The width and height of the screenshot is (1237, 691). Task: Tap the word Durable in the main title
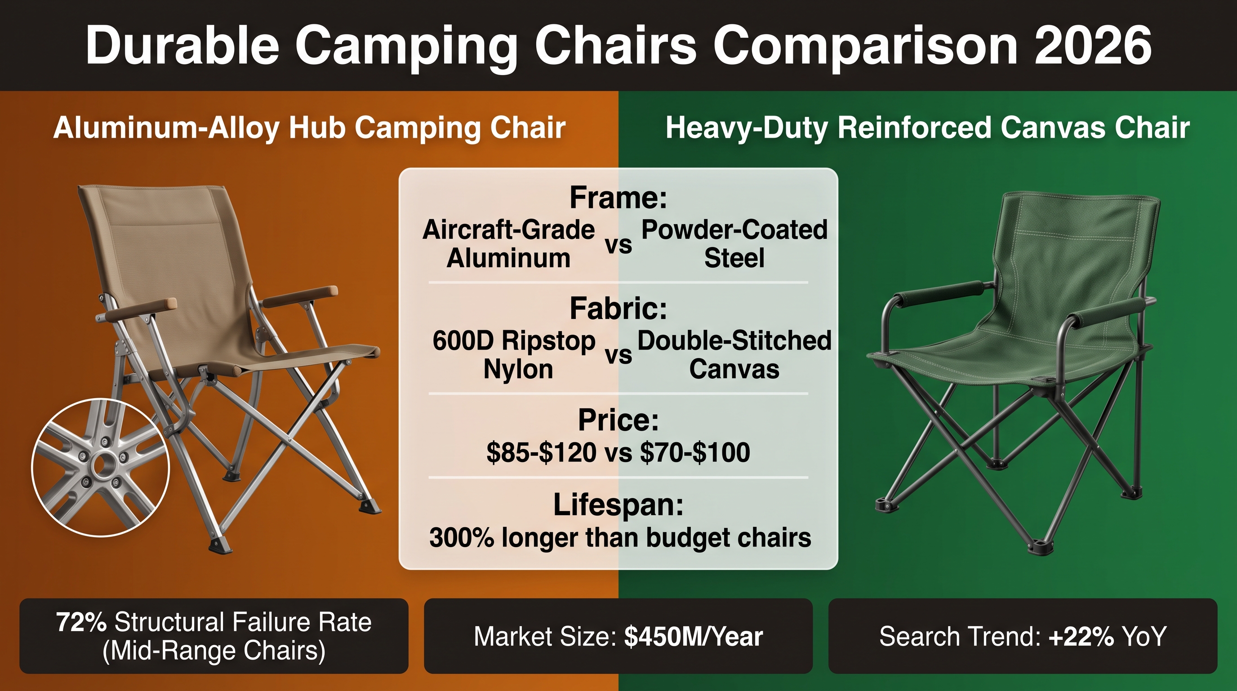pyautogui.click(x=182, y=45)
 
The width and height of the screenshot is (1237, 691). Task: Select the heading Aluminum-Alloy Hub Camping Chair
pyautogui.click(x=309, y=128)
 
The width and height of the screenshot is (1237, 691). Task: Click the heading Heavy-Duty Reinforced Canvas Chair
pyautogui.click(x=928, y=128)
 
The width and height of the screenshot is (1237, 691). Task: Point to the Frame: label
pyautogui.click(x=618, y=197)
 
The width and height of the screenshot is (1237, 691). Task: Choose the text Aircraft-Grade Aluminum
pyautogui.click(x=508, y=244)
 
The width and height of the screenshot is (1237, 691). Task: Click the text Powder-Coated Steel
pyautogui.click(x=734, y=244)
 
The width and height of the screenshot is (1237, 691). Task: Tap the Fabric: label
pyautogui.click(x=618, y=308)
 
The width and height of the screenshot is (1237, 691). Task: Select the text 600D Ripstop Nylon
pyautogui.click(x=514, y=354)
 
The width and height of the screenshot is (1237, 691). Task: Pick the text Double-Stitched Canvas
pyautogui.click(x=734, y=354)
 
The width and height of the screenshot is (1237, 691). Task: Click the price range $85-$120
pyautogui.click(x=541, y=453)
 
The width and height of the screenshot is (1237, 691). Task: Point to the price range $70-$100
pyautogui.click(x=695, y=453)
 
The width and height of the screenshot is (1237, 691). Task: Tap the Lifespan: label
pyautogui.click(x=618, y=505)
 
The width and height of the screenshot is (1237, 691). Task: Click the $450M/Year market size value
pyautogui.click(x=694, y=637)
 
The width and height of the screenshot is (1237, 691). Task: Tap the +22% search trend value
pyautogui.click(x=1081, y=637)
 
